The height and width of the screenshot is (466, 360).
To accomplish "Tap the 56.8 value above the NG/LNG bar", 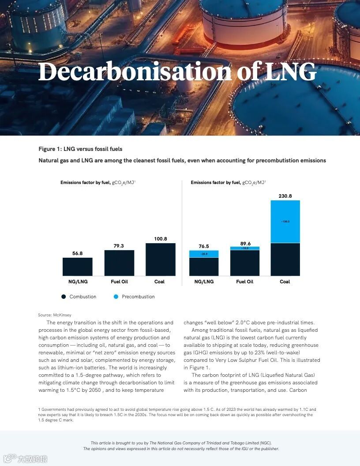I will (x=77, y=253).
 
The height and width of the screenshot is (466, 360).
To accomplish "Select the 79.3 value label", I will (x=119, y=246).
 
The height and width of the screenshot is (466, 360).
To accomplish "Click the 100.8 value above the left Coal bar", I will (x=160, y=239).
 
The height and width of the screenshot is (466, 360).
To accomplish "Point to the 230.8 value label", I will (x=285, y=195).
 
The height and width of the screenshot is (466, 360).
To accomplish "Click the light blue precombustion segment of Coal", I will (x=285, y=222).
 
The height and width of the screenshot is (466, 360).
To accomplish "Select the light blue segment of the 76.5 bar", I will (x=204, y=254).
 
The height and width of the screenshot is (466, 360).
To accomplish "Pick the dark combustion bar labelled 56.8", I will (x=77, y=267).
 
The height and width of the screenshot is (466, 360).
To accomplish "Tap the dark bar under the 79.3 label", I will (x=119, y=263).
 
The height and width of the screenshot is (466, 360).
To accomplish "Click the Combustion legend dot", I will (x=64, y=297).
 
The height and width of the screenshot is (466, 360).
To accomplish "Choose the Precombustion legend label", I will (x=138, y=297).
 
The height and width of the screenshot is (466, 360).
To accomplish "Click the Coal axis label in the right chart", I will (x=285, y=282).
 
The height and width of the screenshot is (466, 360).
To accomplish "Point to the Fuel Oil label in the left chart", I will (x=119, y=282).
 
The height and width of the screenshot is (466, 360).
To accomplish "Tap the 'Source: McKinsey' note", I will (x=55, y=315).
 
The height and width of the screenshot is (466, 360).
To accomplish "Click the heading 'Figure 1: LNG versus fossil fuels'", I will (x=80, y=149).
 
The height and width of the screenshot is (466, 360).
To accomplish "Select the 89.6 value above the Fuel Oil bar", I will (x=245, y=243).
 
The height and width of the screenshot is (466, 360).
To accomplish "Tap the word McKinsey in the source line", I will (x=62, y=315).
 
